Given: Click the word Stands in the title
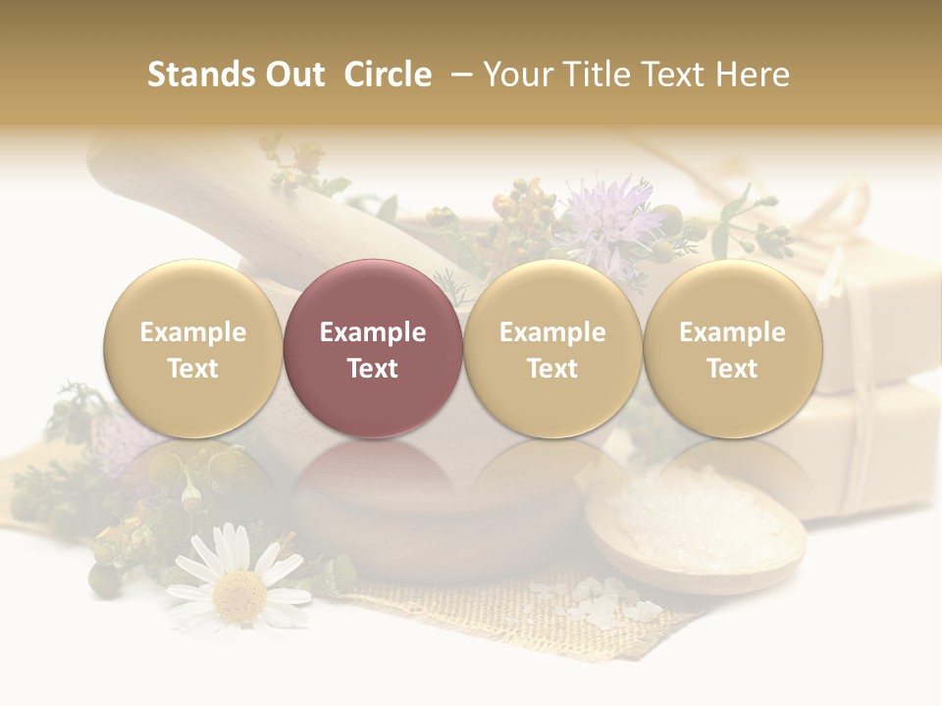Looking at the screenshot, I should tap(199, 75).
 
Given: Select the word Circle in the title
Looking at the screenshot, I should tap(388, 75).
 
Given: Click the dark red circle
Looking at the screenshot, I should tap(373, 348).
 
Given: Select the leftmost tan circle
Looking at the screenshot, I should tap(193, 348).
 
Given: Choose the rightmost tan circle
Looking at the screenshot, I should tap(732, 348).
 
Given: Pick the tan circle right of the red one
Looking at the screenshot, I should tap(552, 348).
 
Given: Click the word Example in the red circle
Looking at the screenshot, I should tap(373, 332).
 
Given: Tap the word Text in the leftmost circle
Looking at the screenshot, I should tap(193, 369).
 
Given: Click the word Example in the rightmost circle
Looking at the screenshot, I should tap(732, 332).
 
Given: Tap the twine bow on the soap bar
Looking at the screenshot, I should tap(844, 211).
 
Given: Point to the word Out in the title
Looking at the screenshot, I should tap(294, 75).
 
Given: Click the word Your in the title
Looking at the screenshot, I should tap(515, 75).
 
